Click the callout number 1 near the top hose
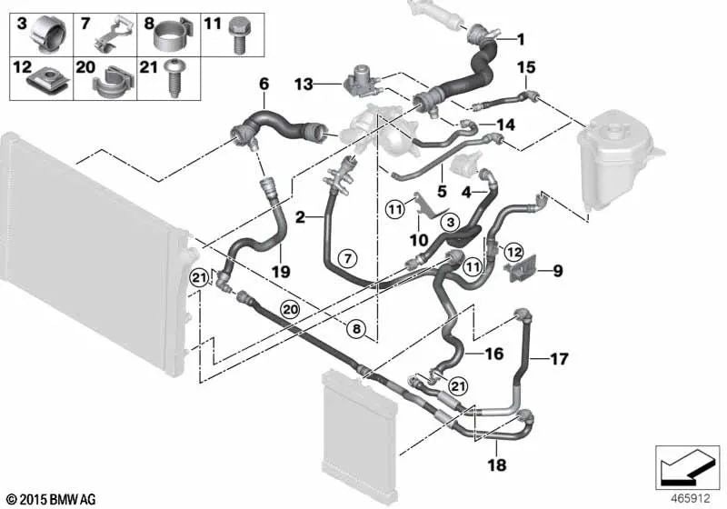521,39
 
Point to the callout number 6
264,84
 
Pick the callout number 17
560,359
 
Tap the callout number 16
493,354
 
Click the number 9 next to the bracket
557,270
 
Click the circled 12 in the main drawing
513,251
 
